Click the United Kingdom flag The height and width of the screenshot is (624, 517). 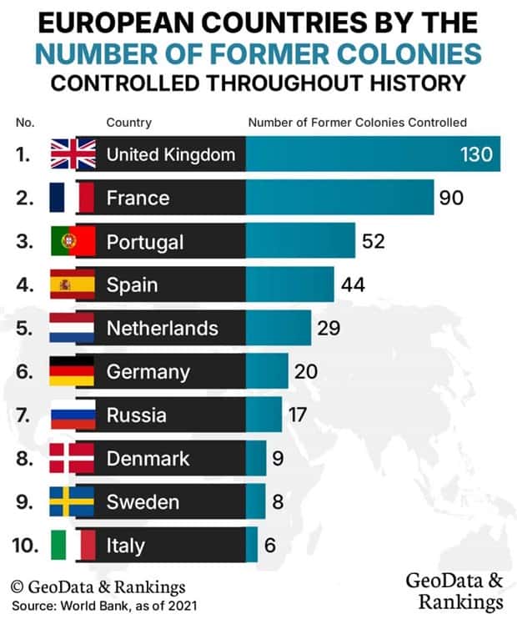pos(73,154)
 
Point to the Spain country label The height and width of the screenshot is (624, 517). pos(132,285)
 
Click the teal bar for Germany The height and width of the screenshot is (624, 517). pos(267,371)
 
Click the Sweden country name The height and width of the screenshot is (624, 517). pos(143,501)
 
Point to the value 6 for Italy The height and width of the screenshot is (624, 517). pos(270,546)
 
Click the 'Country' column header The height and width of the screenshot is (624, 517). pos(128,123)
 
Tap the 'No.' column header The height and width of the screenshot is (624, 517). pos(26,123)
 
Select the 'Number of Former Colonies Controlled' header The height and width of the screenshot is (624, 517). pos(357,123)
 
